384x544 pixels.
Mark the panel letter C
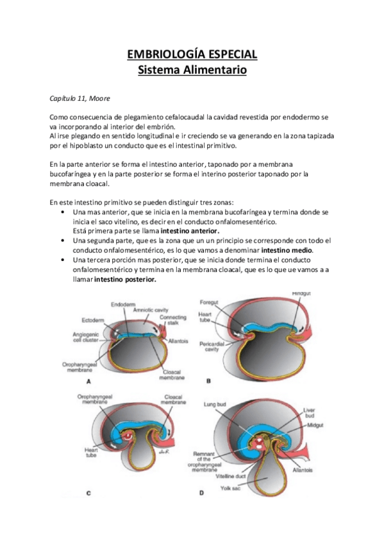87,493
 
